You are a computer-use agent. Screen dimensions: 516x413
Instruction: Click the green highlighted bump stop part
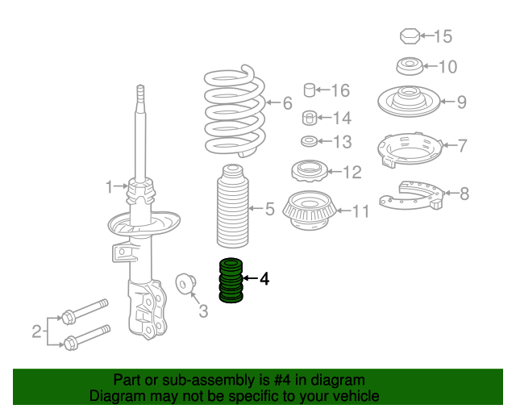[231, 280]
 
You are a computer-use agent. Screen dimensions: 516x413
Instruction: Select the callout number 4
[264, 279]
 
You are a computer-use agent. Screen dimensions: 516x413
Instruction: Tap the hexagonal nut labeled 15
[410, 36]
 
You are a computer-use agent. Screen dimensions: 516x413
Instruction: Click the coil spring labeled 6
[235, 111]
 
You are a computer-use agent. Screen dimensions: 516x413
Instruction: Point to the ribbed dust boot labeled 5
[232, 206]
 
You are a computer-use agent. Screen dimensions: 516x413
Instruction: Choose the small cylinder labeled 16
[310, 90]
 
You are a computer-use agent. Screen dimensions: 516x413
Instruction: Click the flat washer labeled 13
[310, 141]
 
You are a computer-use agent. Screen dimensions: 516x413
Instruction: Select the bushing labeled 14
[310, 118]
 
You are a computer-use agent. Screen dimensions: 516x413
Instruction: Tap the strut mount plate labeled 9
[409, 102]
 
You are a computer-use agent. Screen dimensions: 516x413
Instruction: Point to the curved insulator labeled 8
[412, 195]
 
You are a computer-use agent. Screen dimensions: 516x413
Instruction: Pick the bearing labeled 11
[309, 211]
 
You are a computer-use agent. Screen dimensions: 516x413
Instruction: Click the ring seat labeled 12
[310, 170]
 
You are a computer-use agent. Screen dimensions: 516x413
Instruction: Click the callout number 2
[36, 331]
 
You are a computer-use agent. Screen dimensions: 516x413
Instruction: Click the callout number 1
[110, 186]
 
